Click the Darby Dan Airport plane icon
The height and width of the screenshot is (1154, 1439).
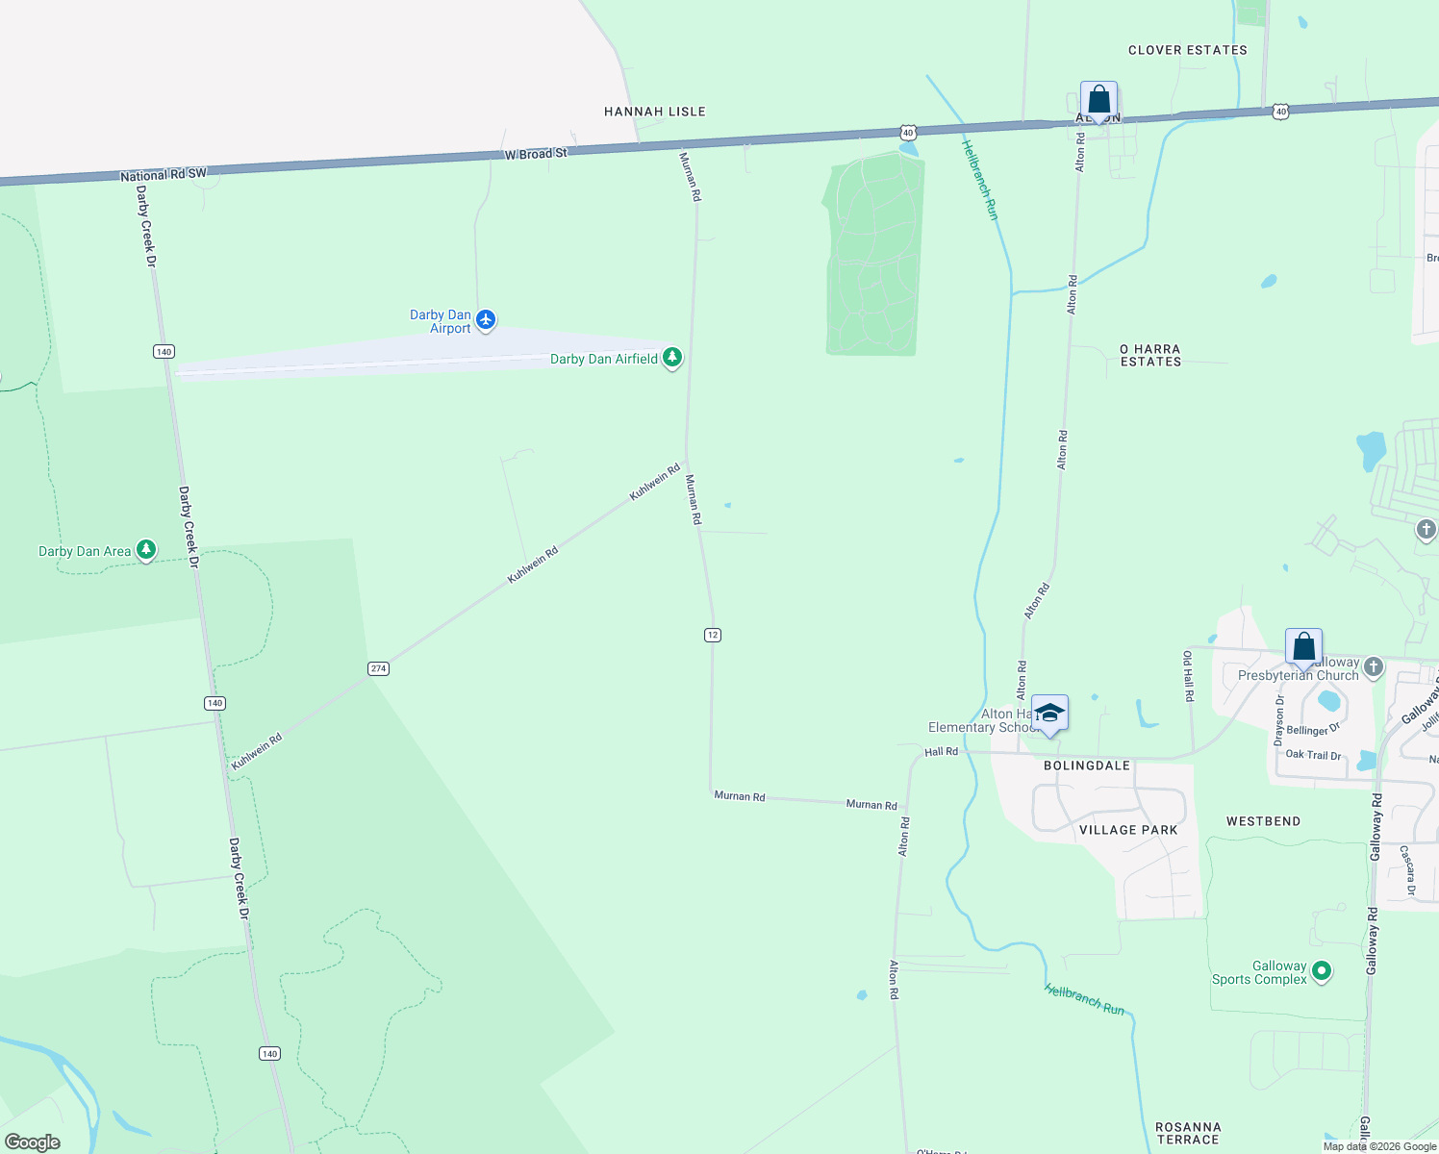[486, 319]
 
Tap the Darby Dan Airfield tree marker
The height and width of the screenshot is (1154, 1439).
[672, 358]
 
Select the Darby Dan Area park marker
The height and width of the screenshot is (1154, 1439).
[146, 549]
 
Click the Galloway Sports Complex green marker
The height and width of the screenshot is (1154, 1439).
[1322, 971]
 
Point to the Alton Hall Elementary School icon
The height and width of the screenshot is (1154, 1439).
[1049, 714]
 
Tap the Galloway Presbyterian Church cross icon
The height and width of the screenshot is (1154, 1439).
[1374, 665]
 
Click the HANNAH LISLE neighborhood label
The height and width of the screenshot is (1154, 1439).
[654, 112]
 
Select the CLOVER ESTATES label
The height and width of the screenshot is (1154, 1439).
[1187, 50]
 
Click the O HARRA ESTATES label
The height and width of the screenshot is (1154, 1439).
[1150, 356]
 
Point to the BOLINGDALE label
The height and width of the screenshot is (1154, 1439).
[1087, 765]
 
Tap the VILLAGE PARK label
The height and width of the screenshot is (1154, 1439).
[1128, 830]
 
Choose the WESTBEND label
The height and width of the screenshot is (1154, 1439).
[1263, 821]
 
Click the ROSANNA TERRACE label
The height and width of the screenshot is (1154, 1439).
[1188, 1133]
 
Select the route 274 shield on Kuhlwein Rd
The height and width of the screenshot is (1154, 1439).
[378, 668]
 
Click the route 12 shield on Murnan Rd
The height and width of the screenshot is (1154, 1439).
[712, 635]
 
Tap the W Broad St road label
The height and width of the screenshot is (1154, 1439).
[536, 154]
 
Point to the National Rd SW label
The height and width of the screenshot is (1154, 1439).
[164, 175]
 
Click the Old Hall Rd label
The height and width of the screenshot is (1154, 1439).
[1188, 676]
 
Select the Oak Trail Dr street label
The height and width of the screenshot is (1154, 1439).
[1313, 755]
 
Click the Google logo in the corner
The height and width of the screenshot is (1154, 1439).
[33, 1142]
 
